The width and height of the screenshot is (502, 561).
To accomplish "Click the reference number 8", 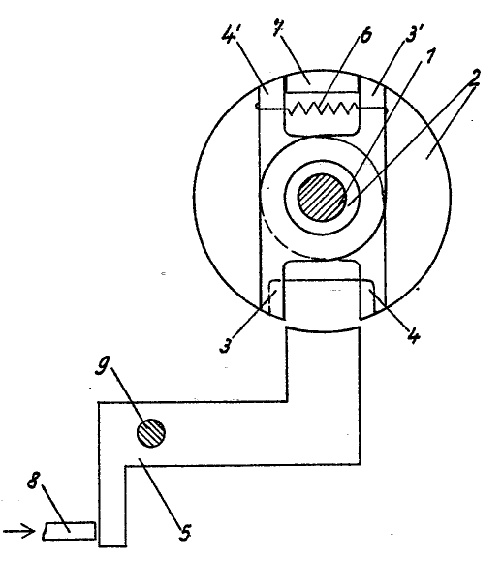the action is (x=33, y=481).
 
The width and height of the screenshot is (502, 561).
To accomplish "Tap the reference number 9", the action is (x=103, y=365).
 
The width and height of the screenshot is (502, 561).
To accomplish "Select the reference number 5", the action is (x=185, y=532).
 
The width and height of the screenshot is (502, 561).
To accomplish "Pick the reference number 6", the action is (x=365, y=36).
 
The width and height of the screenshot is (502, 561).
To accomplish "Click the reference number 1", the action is (x=429, y=56).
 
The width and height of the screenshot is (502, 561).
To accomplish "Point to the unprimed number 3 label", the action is (x=226, y=345).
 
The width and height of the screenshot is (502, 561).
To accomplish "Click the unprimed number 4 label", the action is (x=414, y=336).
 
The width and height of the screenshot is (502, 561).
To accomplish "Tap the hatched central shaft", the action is (x=322, y=197).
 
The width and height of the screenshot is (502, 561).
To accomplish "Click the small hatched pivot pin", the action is (x=151, y=433).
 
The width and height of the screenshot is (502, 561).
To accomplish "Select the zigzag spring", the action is (x=322, y=109).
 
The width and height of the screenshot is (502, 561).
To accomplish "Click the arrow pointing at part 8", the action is (x=19, y=531).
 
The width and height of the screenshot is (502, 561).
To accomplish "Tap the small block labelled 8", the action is (x=70, y=531).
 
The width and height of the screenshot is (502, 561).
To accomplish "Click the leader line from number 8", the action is (x=56, y=509).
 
